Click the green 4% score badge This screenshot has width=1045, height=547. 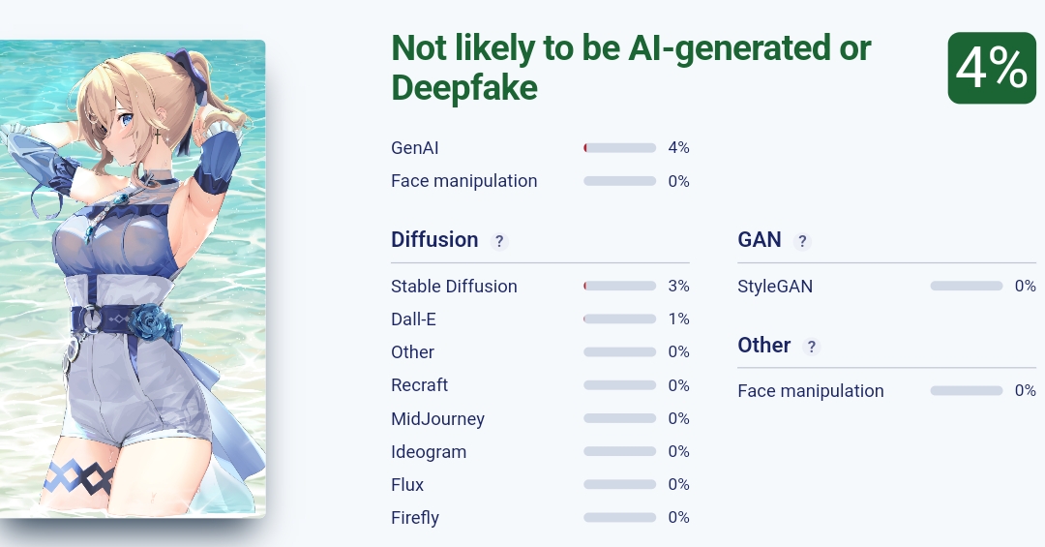(x=991, y=68)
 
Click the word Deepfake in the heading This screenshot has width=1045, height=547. (x=464, y=88)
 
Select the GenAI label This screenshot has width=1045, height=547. (x=415, y=148)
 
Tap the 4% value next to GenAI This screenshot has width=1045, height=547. (x=678, y=148)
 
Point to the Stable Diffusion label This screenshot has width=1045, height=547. (x=454, y=287)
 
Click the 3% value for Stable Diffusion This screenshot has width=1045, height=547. (x=678, y=287)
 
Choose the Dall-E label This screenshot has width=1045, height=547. (x=413, y=319)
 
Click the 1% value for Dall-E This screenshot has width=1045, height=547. (x=678, y=319)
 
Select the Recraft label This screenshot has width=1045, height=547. (x=419, y=385)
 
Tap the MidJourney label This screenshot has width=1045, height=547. (x=437, y=419)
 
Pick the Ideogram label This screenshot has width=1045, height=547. (x=429, y=452)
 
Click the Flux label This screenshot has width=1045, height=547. (x=407, y=485)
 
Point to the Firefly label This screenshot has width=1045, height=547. (x=415, y=518)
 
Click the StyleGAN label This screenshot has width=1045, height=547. (x=775, y=287)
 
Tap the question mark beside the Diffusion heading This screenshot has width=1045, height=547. (x=499, y=241)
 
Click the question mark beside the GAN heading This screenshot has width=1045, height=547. (x=802, y=241)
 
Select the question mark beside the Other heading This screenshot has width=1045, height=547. (x=812, y=347)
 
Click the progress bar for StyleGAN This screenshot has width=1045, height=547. (x=966, y=287)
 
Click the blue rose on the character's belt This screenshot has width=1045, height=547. (x=150, y=322)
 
